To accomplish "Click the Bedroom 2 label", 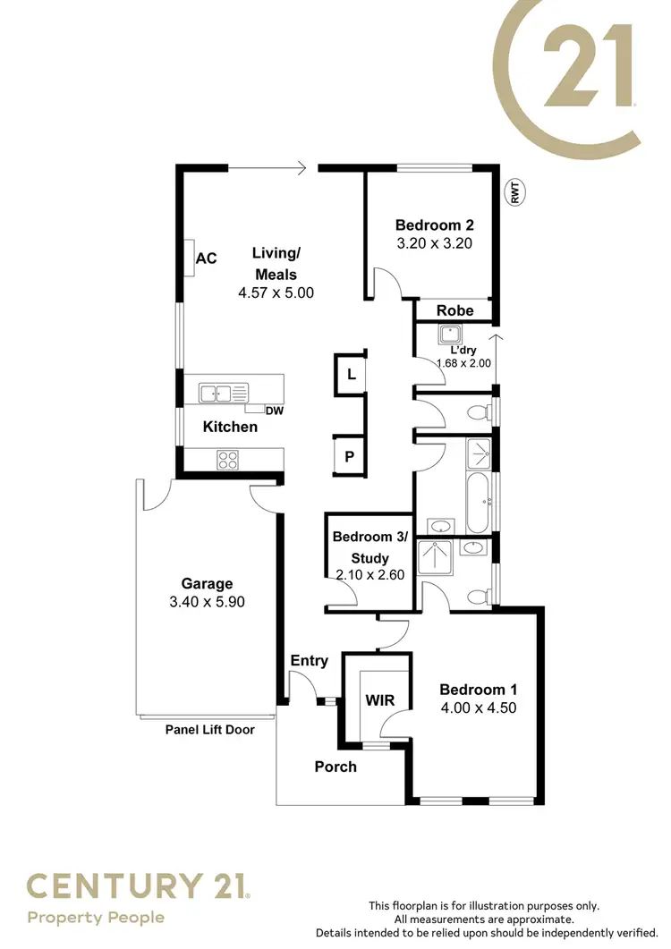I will pos(434,225).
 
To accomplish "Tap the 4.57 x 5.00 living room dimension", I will pos(276,292).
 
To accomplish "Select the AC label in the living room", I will pos(207,258).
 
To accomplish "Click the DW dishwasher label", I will pos(275,411).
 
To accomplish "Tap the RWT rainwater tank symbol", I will pos(515,193).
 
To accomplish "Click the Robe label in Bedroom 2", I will pos(454,310).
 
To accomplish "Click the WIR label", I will pos(379,699).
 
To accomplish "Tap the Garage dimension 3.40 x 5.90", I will pos(207,602).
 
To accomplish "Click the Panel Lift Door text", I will pos(210,730).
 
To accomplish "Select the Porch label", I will pos(335,767).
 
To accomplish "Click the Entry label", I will pos(310,661).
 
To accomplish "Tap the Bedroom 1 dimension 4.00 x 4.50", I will pos(478,708).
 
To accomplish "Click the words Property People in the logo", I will pos(96,918).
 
